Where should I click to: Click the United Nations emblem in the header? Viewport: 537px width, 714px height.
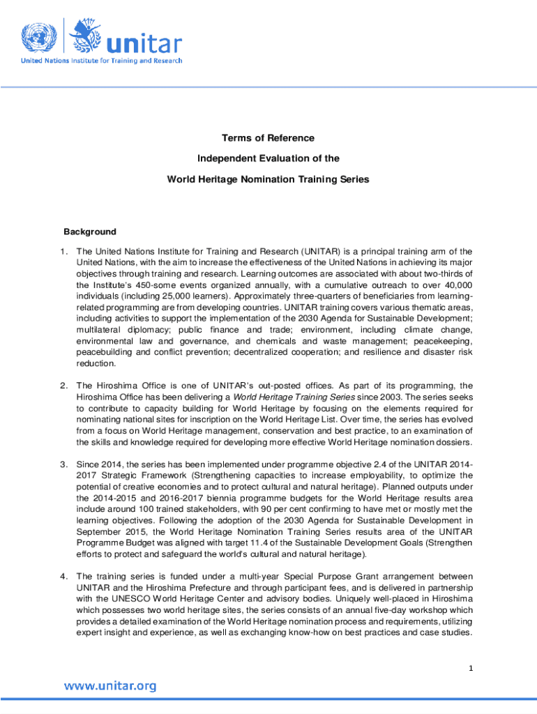39,36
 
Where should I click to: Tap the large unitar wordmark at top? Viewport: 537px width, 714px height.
143,43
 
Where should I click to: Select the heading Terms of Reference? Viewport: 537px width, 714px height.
268,138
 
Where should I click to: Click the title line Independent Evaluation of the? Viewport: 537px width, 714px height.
268,158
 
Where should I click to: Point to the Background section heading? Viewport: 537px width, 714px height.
90,231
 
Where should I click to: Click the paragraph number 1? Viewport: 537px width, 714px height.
63,252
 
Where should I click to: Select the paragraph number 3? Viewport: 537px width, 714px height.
63,464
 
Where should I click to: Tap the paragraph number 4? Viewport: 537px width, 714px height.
63,577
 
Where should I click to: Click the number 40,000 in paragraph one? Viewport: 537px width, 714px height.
457,285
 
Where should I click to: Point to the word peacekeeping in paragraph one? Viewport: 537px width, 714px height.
442,341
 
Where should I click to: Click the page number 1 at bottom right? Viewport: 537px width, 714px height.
471,669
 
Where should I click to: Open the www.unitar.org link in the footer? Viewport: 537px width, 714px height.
110,686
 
